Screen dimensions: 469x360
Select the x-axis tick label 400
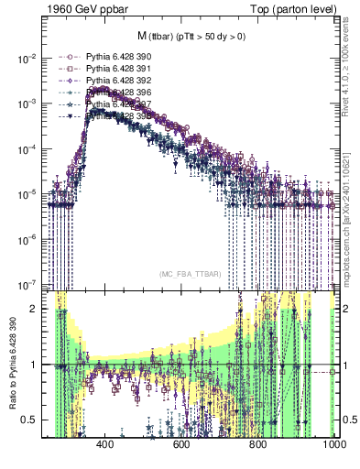[x=104, y=444]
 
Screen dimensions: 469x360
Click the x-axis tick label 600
[x=180, y=444]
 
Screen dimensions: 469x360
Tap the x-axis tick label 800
[x=257, y=444]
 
